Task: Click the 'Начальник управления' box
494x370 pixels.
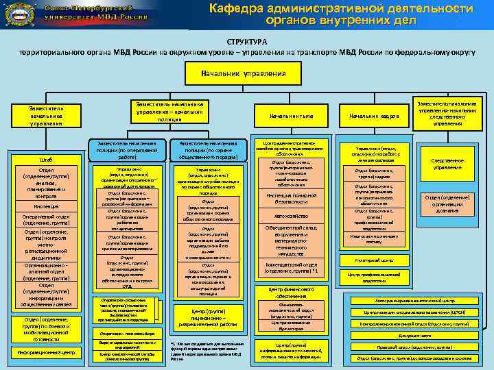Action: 244,73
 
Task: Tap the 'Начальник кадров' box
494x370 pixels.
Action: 374,116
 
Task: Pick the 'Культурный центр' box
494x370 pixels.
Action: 374,260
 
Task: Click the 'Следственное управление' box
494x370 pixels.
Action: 447,164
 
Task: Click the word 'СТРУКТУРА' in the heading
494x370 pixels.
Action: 247,42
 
